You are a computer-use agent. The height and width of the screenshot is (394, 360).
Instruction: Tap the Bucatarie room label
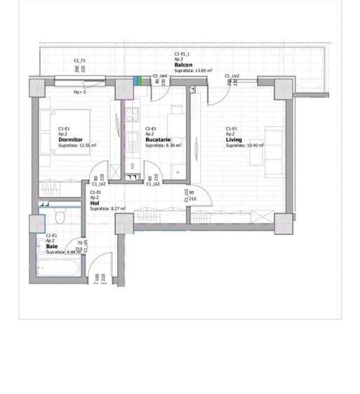point(156,140)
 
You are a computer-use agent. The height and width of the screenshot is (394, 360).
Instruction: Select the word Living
point(234,140)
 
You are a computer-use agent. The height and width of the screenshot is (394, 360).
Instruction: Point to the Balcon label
point(184,65)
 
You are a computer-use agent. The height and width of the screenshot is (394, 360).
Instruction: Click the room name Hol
point(94,203)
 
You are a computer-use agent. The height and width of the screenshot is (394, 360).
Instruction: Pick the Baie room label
point(52,246)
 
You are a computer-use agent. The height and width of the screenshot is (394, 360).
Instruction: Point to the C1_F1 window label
point(79,61)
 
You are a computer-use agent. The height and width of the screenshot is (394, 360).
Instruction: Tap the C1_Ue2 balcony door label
point(233,76)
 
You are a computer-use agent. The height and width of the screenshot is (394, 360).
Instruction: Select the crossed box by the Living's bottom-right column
point(284,224)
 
